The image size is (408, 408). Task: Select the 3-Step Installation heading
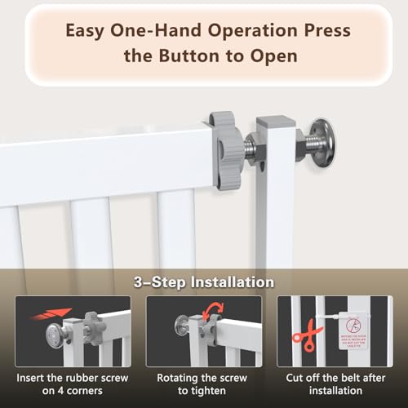(204, 282)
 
